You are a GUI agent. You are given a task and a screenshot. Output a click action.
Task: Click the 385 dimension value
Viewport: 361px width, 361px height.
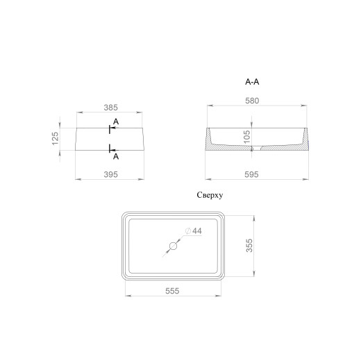click(x=110, y=108)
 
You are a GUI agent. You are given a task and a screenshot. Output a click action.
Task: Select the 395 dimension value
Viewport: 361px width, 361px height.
click(x=110, y=174)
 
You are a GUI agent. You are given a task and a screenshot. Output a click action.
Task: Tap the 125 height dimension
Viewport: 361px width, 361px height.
click(x=55, y=139)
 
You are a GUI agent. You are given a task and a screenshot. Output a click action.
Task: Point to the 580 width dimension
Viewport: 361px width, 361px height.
click(x=252, y=101)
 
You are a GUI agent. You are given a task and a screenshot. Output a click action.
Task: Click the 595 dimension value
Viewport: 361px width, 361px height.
click(x=251, y=174)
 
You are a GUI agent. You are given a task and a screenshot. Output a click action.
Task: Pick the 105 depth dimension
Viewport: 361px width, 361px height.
click(x=247, y=137)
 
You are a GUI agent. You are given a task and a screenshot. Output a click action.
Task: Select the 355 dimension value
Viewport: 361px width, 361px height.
click(x=249, y=246)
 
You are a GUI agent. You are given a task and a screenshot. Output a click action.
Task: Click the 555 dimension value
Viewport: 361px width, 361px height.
click(x=172, y=291)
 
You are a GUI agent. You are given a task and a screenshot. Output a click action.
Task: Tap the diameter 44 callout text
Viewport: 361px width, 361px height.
click(x=194, y=231)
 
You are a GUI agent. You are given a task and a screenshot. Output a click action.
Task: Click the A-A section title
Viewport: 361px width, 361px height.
click(x=252, y=82)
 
